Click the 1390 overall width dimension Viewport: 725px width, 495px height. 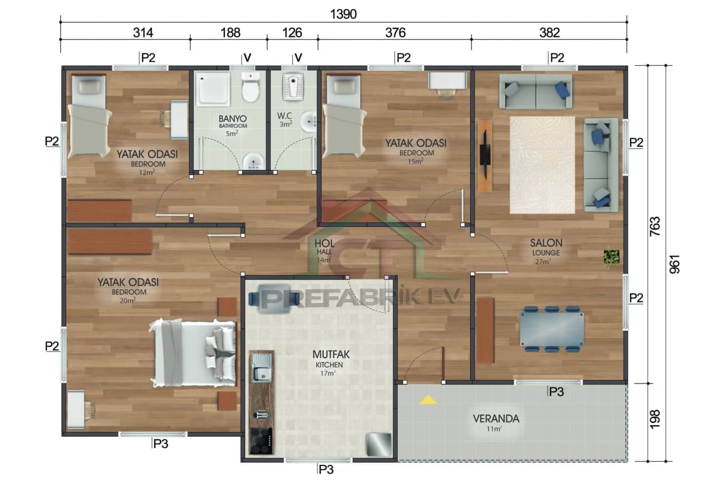click(343, 14)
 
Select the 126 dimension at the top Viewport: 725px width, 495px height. click(292, 33)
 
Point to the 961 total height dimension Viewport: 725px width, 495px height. click(674, 263)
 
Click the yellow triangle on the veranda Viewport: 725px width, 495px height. click(428, 400)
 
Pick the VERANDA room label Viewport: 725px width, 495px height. click(496, 419)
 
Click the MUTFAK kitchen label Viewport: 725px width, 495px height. click(331, 355)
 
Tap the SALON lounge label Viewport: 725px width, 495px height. click(546, 243)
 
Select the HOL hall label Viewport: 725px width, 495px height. click(325, 244)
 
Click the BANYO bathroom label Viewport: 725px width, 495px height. click(233, 118)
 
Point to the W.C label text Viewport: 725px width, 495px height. click(284, 116)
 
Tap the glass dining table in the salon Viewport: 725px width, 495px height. click(552, 329)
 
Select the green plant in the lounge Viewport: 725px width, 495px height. click(611, 257)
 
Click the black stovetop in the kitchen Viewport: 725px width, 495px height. click(261, 441)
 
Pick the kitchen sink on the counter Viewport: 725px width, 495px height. click(261, 368)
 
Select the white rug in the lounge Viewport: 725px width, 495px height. click(542, 165)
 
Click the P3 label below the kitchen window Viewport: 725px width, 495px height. click(326, 469)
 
